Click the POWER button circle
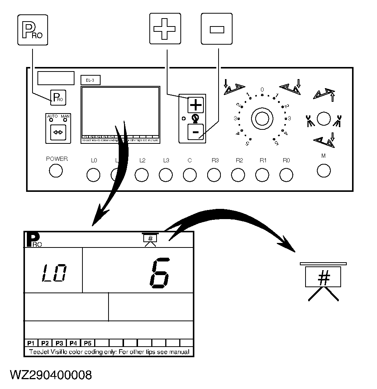click(56, 171)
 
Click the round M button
click(324, 170)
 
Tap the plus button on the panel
click(195, 105)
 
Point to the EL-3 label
click(90, 80)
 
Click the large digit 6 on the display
click(160, 273)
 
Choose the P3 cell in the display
click(59, 343)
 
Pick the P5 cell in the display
click(88, 343)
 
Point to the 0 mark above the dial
click(262, 90)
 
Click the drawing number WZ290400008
click(51, 375)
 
